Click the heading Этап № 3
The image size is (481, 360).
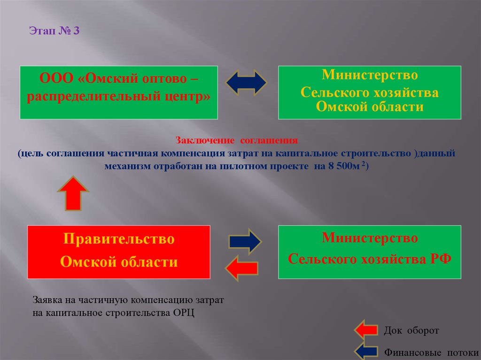click(55, 31)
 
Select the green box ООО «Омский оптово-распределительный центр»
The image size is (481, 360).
click(118, 92)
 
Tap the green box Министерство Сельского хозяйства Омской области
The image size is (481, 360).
click(370, 92)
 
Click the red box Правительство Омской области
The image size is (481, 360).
click(118, 252)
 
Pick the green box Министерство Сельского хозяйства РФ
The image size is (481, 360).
click(370, 252)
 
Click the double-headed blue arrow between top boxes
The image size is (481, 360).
click(246, 83)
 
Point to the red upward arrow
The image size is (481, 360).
click(73, 193)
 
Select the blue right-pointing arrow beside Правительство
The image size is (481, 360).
click(244, 242)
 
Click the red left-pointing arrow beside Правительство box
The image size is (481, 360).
click(241, 268)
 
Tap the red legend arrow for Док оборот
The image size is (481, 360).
click(366, 330)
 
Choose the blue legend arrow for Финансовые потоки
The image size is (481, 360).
click(367, 351)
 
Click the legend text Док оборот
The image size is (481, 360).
click(411, 331)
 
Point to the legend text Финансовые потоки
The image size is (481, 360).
click(432, 352)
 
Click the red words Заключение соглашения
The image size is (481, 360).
click(237, 140)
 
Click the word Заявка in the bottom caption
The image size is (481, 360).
click(47, 299)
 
